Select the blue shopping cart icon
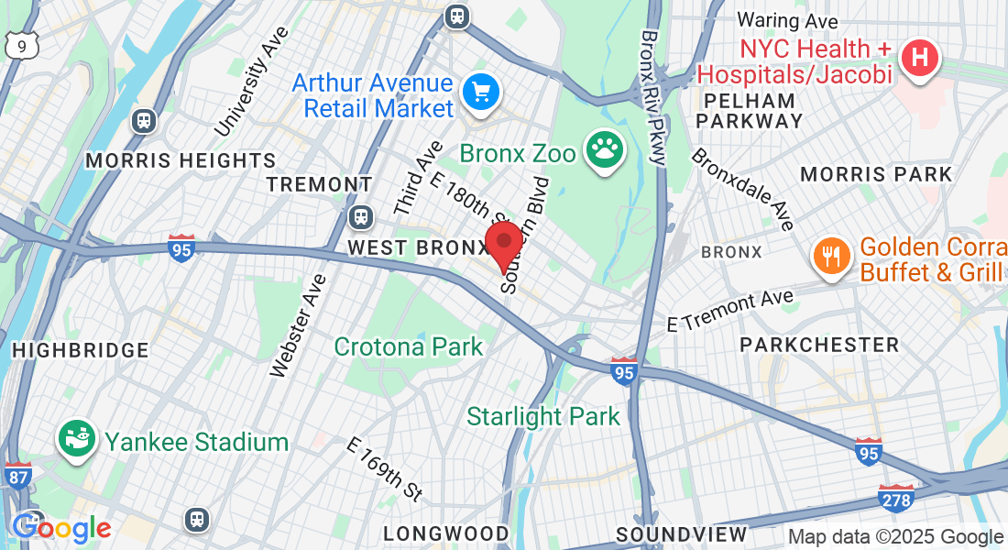480,92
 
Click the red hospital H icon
920,58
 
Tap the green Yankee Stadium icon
77,439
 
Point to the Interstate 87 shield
18,474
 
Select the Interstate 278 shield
895,498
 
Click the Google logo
61,528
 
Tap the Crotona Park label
408,346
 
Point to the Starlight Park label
543,416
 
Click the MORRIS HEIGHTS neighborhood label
181,160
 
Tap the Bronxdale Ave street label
742,189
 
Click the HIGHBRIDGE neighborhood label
81,349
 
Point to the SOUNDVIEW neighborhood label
681,533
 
